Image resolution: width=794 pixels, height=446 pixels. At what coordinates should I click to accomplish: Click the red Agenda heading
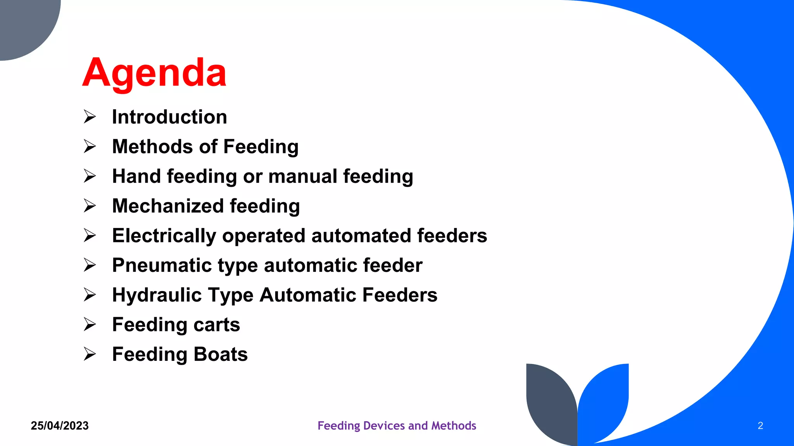(x=154, y=73)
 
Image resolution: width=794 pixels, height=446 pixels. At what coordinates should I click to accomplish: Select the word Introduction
(x=169, y=117)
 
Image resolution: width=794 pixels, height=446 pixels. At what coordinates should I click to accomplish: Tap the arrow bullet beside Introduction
(x=90, y=117)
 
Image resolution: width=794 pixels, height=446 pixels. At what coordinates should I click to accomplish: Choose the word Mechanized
(x=168, y=206)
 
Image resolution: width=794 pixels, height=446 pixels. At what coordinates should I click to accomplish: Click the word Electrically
(x=164, y=236)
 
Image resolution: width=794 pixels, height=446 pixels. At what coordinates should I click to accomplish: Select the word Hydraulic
(x=157, y=295)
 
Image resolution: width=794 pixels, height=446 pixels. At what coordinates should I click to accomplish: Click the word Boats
(x=221, y=354)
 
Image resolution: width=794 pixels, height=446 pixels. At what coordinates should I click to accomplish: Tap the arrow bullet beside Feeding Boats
(x=90, y=354)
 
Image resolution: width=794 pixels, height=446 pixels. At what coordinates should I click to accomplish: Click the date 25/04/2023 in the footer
(x=60, y=426)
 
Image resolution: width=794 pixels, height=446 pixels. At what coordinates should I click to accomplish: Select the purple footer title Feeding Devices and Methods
(x=397, y=426)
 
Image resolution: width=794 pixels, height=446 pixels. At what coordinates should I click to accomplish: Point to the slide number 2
(x=760, y=426)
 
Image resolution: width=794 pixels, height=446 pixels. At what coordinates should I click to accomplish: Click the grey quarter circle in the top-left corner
(x=23, y=23)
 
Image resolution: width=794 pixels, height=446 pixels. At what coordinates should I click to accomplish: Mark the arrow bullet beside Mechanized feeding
(x=90, y=206)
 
